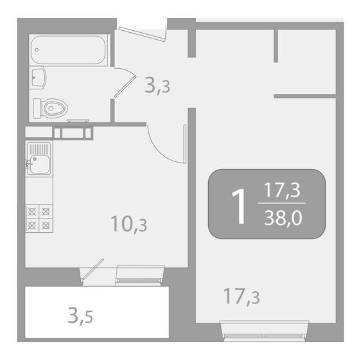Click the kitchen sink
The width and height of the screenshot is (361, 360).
pos(39,156)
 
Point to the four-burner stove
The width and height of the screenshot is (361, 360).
pos(39,217)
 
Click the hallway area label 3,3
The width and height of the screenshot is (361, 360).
pos(157,85)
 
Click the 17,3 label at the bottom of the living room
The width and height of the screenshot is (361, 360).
pos(242,296)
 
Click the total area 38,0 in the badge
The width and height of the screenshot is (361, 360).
pos(283,219)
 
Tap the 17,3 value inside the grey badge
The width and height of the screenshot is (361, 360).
pos(283,191)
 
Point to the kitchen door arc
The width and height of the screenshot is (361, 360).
pos(166,143)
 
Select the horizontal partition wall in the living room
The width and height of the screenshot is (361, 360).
pos(304,96)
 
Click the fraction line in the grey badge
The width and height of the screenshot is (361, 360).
pos(283,205)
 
